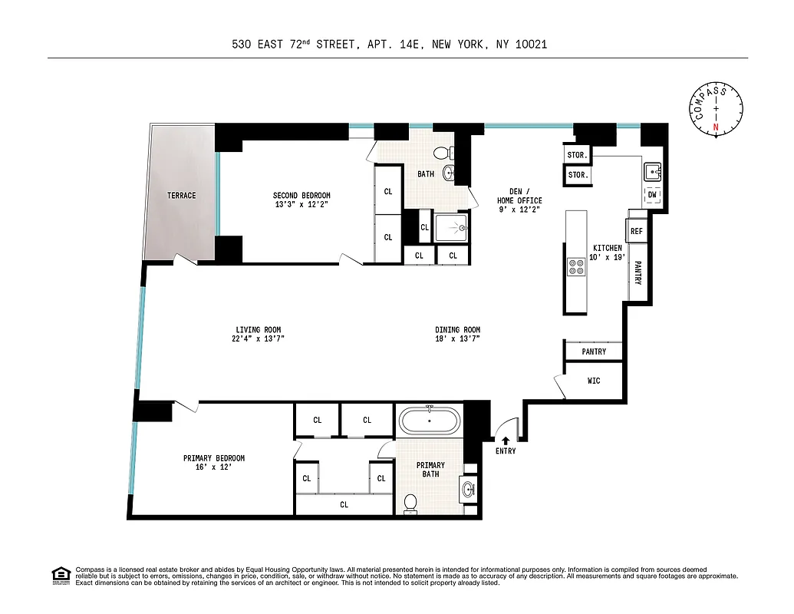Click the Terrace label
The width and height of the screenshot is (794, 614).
pos(182,196)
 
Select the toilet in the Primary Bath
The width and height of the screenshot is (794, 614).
pos(410,503)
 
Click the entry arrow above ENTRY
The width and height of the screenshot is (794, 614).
pos(506,440)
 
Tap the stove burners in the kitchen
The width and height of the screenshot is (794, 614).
pos(575,266)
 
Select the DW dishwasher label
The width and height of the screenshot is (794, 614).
pos(652,195)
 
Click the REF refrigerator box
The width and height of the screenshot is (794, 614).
pos(636,231)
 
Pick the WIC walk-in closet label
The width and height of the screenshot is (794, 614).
pos(594,380)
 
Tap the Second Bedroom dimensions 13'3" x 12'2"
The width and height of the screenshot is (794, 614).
pos(302,205)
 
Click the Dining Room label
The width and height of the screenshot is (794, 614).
pos(458,330)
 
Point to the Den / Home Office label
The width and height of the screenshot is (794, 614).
pos(519,196)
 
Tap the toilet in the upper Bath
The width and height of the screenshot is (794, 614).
pos(443,153)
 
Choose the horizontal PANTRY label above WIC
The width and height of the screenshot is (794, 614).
pos(594,352)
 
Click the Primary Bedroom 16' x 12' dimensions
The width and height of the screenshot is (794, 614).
pos(214,467)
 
